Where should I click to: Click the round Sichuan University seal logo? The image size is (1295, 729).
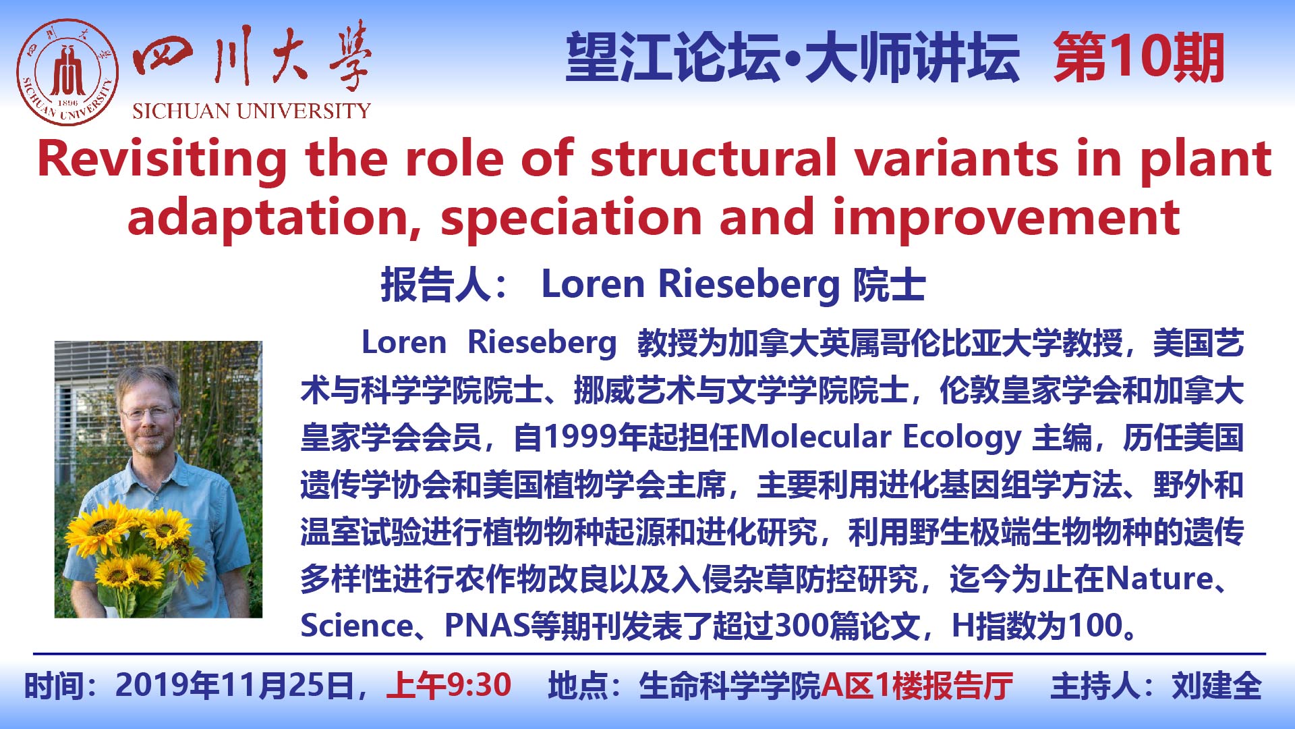click(x=67, y=72)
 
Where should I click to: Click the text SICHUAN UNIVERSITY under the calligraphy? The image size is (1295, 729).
click(x=252, y=111)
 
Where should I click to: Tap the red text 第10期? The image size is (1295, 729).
click(x=1139, y=59)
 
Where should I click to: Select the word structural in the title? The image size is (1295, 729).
click(x=713, y=159)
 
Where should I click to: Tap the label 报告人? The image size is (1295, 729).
click(x=436, y=284)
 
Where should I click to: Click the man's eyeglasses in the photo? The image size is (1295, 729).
click(x=148, y=411)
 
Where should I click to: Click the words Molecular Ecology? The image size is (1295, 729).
click(x=881, y=438)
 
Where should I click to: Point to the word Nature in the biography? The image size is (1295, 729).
click(x=1159, y=578)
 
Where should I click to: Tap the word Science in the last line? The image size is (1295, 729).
click(x=356, y=626)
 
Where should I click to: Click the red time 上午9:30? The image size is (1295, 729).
click(x=449, y=686)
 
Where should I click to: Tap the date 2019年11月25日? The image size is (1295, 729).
click(x=235, y=686)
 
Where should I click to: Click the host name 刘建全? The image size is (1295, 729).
click(x=1217, y=686)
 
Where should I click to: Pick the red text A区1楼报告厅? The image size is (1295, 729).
click(x=917, y=686)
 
